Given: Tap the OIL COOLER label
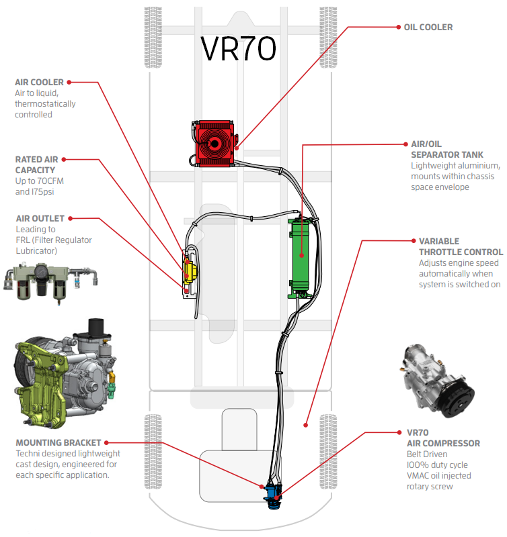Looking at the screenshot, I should pyautogui.click(x=428, y=28).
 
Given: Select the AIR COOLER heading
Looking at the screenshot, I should pyautogui.click(x=39, y=83).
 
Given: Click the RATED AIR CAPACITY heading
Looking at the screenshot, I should pyautogui.click(x=36, y=165).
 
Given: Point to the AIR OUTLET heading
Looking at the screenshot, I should pyautogui.click(x=40, y=218).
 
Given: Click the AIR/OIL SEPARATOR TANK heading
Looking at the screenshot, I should pyautogui.click(x=446, y=150).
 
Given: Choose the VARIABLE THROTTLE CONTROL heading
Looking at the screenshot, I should pyautogui.click(x=448, y=246).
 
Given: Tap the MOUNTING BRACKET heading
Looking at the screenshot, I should pyautogui.click(x=58, y=443).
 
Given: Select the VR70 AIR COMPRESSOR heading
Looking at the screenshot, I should pyautogui.click(x=443, y=438).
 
